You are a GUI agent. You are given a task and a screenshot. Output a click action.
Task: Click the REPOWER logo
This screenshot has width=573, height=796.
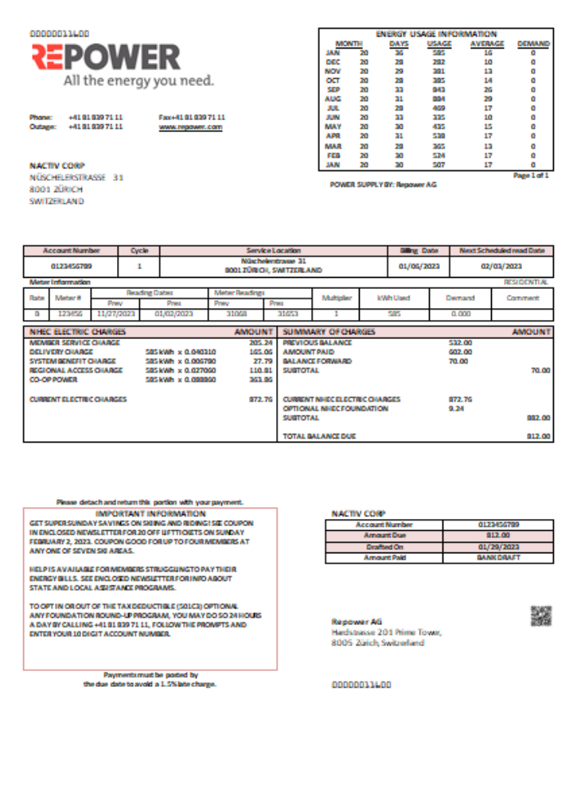coord(106,57)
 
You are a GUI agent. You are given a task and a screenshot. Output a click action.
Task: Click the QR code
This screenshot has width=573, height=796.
coord(541,616)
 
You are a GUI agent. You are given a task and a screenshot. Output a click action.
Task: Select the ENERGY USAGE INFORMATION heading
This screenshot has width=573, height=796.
coord(435,34)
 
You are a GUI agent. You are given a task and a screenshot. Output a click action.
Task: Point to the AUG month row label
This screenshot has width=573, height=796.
coord(333,98)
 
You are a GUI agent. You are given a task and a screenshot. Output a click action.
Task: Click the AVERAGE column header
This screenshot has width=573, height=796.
coord(487,43)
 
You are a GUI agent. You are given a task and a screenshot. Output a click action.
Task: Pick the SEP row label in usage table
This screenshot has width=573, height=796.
coord(333,89)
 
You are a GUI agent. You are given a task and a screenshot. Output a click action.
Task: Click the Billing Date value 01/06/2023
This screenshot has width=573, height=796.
coord(419,266)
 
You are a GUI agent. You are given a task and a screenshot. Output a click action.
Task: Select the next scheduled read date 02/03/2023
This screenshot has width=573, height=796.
coord(501,266)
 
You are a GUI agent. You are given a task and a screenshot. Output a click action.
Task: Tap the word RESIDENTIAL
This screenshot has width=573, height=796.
coord(526,282)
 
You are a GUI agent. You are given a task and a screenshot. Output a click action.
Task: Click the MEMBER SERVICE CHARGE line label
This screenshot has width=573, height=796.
coord(75,342)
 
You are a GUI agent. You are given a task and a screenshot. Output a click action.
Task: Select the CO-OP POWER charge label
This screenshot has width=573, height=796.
coord(55,380)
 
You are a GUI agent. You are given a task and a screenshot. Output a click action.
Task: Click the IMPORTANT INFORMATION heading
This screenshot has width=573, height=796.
coord(150,514)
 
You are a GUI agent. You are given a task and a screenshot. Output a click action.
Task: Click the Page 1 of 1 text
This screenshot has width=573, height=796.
coord(531,174)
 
